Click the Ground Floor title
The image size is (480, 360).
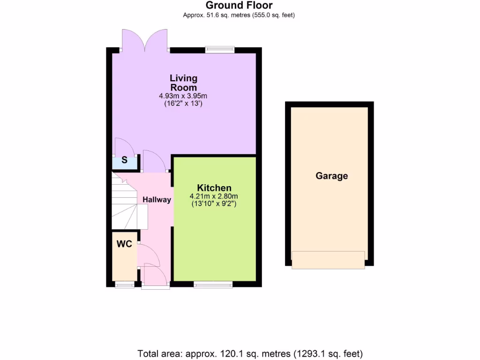pos(239,6)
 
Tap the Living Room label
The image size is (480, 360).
pos(183,82)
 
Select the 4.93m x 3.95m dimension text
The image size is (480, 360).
pos(183,96)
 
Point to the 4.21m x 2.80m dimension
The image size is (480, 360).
pos(214,196)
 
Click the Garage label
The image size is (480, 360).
pos(332,176)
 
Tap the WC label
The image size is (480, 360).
pos(124,244)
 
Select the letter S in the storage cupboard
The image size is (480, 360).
pos(124,160)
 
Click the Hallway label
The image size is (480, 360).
pos(157,200)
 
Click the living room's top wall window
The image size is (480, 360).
pos(220,49)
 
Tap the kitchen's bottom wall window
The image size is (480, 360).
pos(213,284)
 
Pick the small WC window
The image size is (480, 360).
pos(124,284)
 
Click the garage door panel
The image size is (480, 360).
pos(328,260)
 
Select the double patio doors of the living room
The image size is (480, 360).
pos(145,41)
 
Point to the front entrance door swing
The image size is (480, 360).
pos(155,274)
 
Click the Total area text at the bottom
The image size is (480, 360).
pos(250,353)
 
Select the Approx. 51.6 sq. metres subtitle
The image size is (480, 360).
pos(239,15)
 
